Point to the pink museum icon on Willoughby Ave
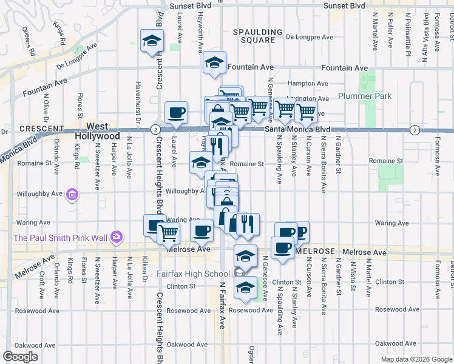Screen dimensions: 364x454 click(72, 194)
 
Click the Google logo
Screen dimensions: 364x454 click(21, 357)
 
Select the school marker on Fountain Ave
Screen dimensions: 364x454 click(214, 62)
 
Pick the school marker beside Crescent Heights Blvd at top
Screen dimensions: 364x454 click(152, 41)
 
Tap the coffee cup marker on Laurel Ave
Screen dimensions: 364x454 click(176, 112)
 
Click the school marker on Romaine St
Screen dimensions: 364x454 click(200, 163)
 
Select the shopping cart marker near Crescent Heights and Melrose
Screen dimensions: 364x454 click(168, 232)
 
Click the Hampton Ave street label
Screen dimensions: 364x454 click(307, 84)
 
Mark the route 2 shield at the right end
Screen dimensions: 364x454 click(414, 130)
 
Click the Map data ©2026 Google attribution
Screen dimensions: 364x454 click(416, 359)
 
